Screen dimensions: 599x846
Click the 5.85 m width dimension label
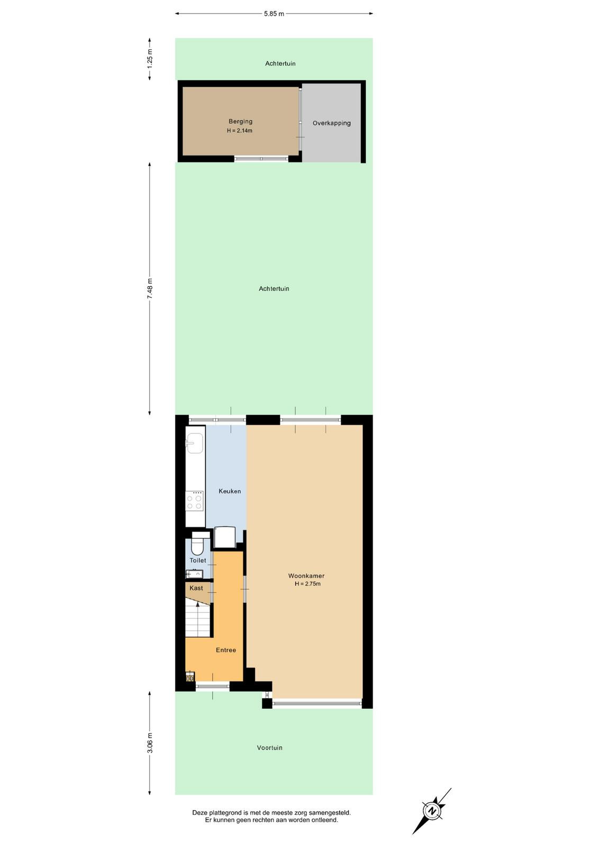point(274,14)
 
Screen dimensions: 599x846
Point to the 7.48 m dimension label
point(150,289)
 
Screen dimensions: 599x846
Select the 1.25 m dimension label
point(150,59)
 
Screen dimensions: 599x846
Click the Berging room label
point(240,122)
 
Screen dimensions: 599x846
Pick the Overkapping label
point(331,123)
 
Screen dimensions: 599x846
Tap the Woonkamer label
point(306,576)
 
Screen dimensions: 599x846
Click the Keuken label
point(230,491)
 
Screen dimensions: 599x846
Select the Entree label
point(226,650)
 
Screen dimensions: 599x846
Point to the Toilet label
point(198,560)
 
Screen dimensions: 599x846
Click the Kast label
point(196,588)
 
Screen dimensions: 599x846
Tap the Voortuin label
point(269,748)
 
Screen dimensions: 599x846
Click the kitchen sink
point(194,443)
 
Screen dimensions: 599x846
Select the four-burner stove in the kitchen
point(195,501)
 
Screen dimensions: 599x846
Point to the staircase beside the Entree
point(198,620)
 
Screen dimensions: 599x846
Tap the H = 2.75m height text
point(307,584)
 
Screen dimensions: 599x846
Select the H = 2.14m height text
point(240,131)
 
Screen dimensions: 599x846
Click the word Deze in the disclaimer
point(200,812)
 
